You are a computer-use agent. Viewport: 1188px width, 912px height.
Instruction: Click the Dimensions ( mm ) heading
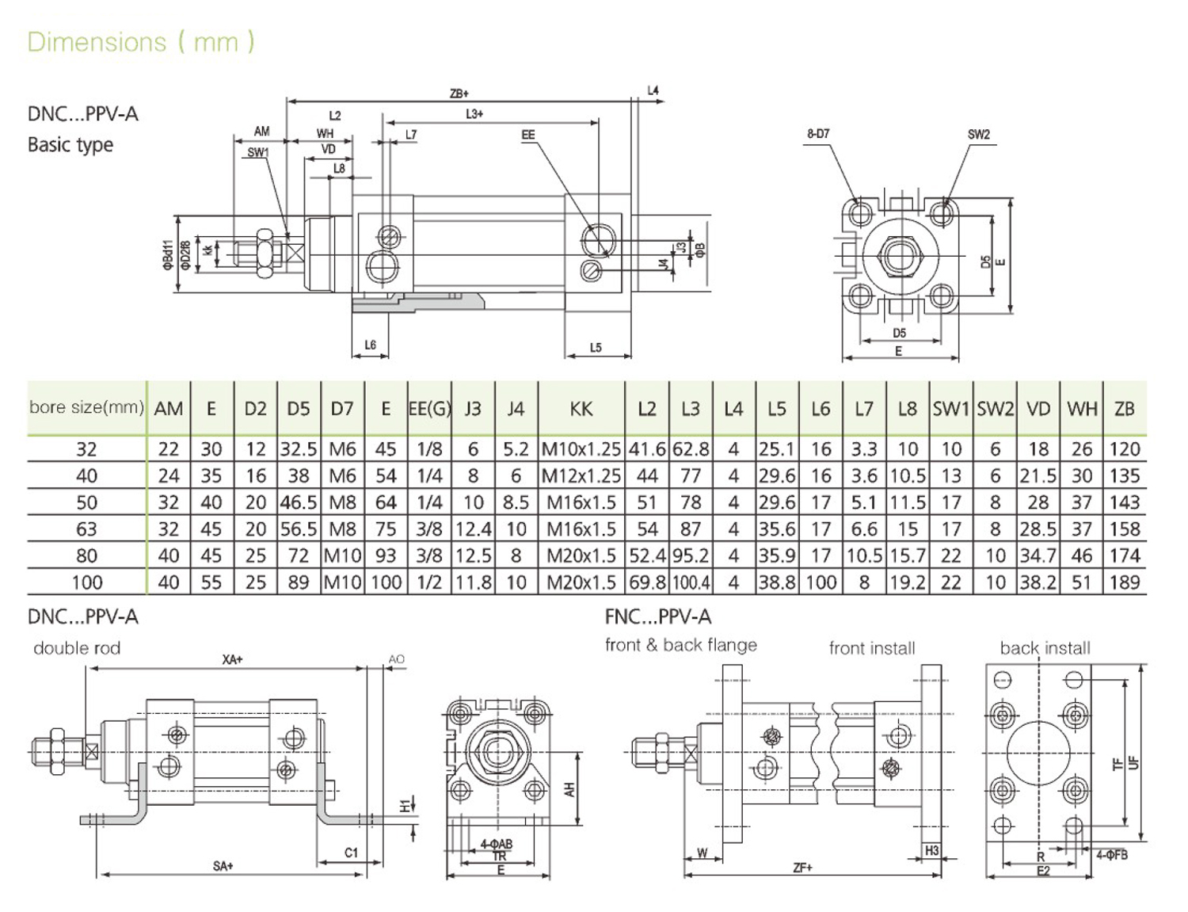pyautogui.click(x=141, y=41)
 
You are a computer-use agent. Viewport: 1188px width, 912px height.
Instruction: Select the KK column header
pyautogui.click(x=581, y=409)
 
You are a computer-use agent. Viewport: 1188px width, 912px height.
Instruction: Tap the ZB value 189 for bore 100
pyautogui.click(x=1125, y=582)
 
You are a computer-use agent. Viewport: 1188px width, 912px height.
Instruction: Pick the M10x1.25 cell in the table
pyautogui.click(x=581, y=449)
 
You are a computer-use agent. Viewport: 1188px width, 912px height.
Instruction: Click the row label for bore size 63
pyautogui.click(x=86, y=529)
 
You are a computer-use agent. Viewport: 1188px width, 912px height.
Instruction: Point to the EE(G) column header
pyautogui.click(x=429, y=409)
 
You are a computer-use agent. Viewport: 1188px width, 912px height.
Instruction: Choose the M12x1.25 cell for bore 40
pyautogui.click(x=581, y=476)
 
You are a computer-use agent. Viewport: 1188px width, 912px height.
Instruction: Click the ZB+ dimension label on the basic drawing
pyautogui.click(x=459, y=93)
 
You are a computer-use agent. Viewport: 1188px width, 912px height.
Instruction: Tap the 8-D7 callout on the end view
pyautogui.click(x=818, y=134)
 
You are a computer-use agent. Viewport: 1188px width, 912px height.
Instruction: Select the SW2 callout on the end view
pyautogui.click(x=979, y=134)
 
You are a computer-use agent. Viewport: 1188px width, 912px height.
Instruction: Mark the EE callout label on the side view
pyautogui.click(x=528, y=135)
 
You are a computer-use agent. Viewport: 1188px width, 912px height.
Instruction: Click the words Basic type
pyautogui.click(x=70, y=145)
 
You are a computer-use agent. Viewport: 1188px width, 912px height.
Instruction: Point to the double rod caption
pyautogui.click(x=77, y=648)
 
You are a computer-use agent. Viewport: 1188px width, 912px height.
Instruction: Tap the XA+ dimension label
pyautogui.click(x=232, y=659)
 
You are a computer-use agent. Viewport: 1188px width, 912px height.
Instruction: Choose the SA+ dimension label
pyautogui.click(x=223, y=866)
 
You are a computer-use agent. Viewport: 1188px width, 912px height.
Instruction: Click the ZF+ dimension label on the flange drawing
pyautogui.click(x=802, y=868)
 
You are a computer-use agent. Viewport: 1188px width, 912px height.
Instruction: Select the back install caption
pyautogui.click(x=1045, y=648)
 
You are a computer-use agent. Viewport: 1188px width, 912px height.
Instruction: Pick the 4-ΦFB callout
pyautogui.click(x=1112, y=855)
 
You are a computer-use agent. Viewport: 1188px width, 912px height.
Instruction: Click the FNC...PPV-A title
pyautogui.click(x=658, y=616)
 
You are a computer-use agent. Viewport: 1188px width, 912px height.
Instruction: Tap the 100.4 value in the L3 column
pyautogui.click(x=691, y=583)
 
